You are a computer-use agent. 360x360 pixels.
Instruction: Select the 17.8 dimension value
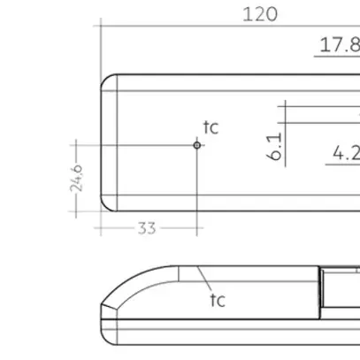click(340, 45)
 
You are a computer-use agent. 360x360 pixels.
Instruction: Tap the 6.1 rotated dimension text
click(274, 147)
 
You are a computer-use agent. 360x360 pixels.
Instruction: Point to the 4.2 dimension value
click(345, 153)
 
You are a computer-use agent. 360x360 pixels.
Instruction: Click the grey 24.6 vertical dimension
click(77, 178)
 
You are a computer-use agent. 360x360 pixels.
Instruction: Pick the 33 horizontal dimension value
click(147, 228)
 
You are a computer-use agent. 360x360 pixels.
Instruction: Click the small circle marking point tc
click(197, 144)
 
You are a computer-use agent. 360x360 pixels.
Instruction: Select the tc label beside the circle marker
click(211, 127)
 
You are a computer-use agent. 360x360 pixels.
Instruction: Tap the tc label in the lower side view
click(217, 300)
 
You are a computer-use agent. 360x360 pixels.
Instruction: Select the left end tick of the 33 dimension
click(100, 227)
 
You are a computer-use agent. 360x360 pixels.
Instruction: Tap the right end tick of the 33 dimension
click(197, 227)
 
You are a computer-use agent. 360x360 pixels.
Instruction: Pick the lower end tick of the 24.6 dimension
click(77, 212)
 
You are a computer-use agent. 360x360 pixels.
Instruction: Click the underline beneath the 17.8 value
click(337, 56)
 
